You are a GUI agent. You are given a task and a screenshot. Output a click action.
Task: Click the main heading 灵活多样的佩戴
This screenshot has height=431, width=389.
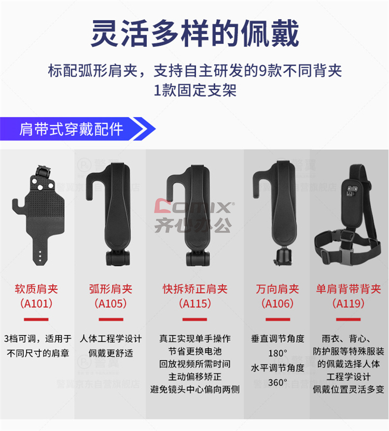click(195, 33)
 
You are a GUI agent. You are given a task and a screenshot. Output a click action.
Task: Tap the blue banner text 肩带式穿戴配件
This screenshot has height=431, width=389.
click(71, 129)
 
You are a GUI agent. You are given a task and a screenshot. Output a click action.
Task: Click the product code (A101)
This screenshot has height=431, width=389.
click(36, 304)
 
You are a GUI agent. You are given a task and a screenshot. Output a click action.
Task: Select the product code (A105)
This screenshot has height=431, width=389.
click(111, 304)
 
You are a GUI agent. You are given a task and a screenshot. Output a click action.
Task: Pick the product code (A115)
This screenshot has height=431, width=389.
click(195, 304)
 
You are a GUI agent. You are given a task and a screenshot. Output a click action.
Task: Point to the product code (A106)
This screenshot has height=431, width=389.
click(277, 304)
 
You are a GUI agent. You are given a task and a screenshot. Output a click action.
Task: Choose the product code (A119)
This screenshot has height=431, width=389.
click(349, 304)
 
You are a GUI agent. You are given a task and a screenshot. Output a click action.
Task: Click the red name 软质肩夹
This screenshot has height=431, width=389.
click(36, 289)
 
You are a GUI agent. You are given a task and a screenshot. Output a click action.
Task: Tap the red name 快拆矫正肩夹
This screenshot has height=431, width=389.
click(195, 289)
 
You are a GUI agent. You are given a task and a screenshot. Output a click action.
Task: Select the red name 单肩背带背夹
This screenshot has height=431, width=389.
click(349, 289)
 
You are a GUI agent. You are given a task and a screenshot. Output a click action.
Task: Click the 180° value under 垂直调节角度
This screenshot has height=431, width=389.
click(277, 353)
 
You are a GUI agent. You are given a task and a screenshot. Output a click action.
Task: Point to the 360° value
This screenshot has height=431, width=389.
click(277, 382)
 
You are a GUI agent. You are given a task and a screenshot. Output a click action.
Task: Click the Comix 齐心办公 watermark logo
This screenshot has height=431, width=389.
click(194, 216)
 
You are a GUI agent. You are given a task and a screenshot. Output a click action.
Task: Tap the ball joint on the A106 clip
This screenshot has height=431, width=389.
click(283, 253)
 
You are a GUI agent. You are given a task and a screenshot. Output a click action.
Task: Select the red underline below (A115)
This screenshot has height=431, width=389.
click(195, 319)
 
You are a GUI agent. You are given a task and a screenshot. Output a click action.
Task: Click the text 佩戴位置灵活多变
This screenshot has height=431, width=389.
click(349, 389)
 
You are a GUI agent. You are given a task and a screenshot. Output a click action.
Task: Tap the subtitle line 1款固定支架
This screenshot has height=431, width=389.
click(195, 90)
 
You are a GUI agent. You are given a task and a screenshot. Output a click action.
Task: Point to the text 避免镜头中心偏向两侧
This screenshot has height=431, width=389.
click(195, 389)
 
